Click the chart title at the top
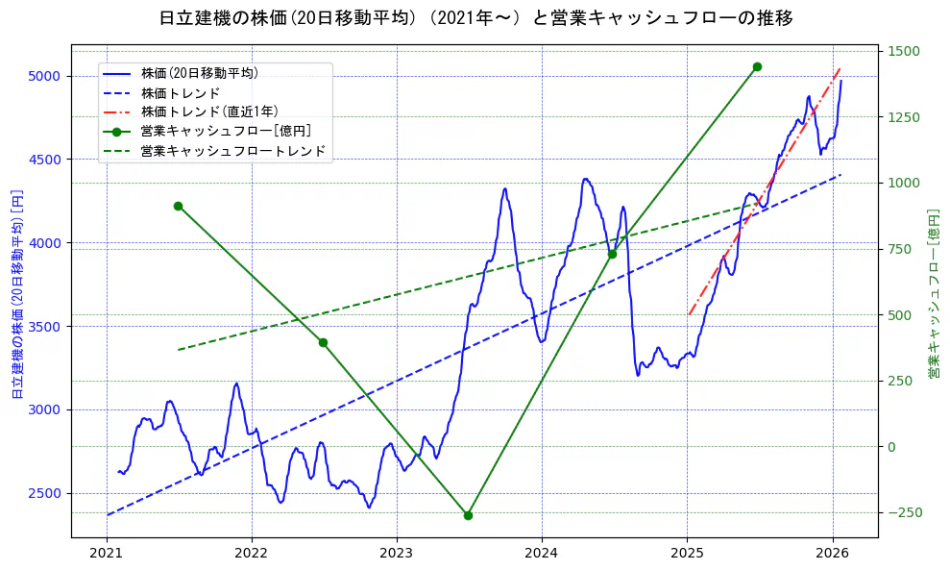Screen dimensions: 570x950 pyautogui.click(x=475, y=17)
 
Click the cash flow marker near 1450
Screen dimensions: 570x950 pyautogui.click(x=757, y=66)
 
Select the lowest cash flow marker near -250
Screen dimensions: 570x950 pyautogui.click(x=468, y=515)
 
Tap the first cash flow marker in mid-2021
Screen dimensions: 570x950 pyautogui.click(x=178, y=206)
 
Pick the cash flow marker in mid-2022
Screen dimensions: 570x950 pyautogui.click(x=323, y=342)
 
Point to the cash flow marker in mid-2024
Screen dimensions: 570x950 pyautogui.click(x=612, y=254)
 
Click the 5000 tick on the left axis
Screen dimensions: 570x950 pyautogui.click(x=45, y=76)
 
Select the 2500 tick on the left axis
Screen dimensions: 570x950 pyautogui.click(x=45, y=493)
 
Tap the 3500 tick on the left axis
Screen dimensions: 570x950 pyautogui.click(x=45, y=327)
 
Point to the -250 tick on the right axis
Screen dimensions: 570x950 pyautogui.click(x=903, y=512)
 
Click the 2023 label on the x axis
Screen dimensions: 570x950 pyautogui.click(x=396, y=554)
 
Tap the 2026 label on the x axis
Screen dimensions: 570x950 pyautogui.click(x=832, y=554)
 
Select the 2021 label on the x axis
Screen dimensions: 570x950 pyautogui.click(x=106, y=554)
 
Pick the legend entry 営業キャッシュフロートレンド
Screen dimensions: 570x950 pyautogui.click(x=232, y=151)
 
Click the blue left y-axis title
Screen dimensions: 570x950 pyautogui.click(x=16, y=293)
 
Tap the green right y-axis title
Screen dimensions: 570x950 pyautogui.click(x=932, y=293)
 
